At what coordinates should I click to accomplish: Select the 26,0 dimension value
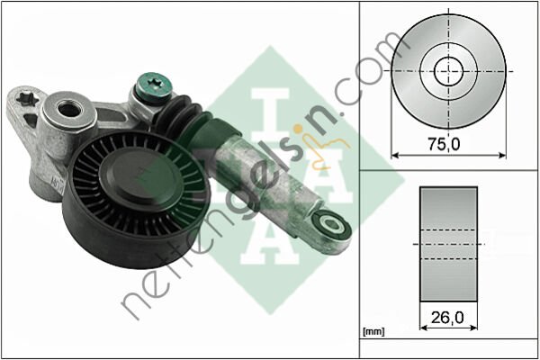[x=446, y=317]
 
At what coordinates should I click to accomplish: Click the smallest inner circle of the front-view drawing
[x=448, y=70]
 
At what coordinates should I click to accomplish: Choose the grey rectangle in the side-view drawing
[x=447, y=244]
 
